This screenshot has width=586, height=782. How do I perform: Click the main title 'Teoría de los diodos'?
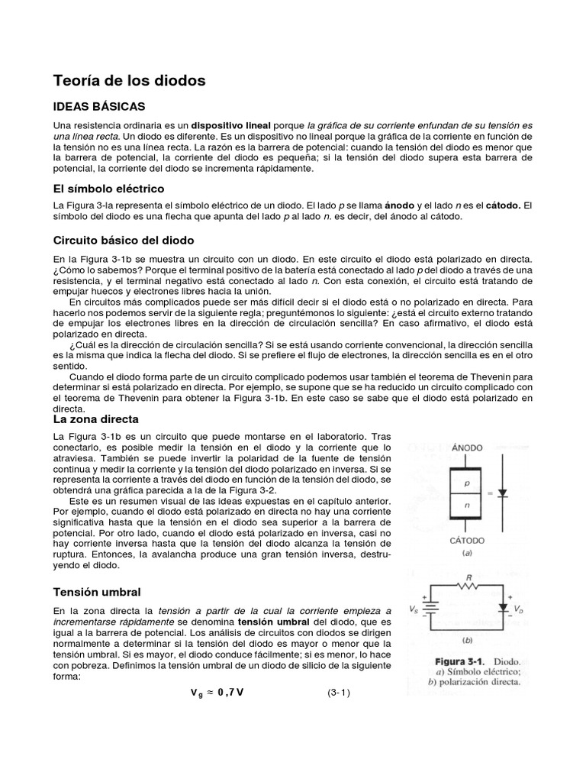click(129, 80)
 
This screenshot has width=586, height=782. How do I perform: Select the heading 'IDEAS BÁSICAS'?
click(98, 105)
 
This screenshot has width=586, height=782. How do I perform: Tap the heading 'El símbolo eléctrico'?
click(108, 188)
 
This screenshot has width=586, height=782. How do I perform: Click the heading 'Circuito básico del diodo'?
click(124, 240)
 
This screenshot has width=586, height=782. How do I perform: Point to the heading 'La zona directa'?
click(95, 419)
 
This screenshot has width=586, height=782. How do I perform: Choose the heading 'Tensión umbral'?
click(97, 592)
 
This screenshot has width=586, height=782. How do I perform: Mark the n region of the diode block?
click(467, 506)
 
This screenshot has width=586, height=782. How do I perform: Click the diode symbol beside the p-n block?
click(502, 494)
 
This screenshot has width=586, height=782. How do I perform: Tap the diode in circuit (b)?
click(503, 608)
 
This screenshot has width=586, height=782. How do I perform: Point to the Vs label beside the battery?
click(413, 610)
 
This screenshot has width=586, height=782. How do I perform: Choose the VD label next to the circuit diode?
click(518, 609)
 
